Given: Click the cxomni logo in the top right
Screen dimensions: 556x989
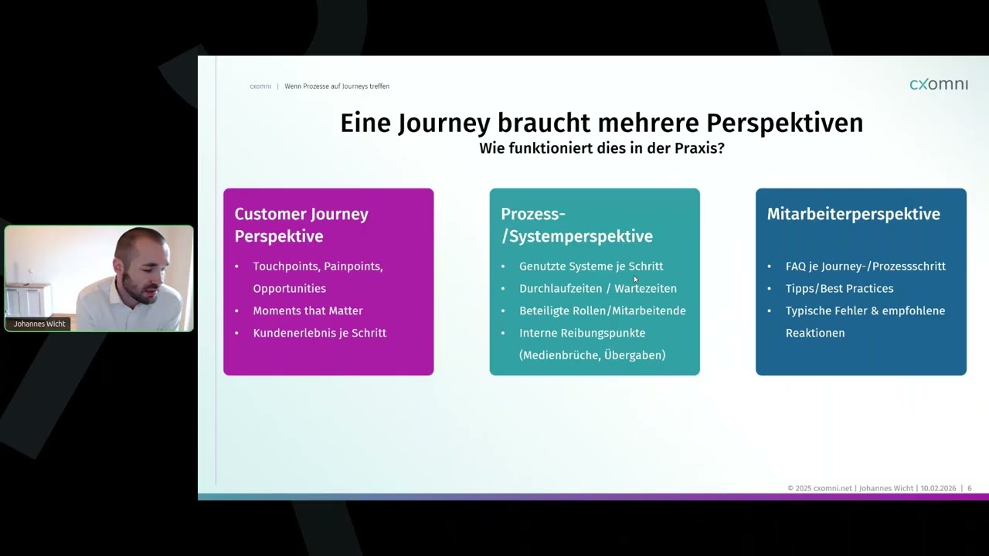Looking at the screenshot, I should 938,84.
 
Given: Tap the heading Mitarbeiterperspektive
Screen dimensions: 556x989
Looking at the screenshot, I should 853,214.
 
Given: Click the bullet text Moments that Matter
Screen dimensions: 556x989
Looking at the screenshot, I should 308,310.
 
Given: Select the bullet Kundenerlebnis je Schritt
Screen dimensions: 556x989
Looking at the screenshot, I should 319,333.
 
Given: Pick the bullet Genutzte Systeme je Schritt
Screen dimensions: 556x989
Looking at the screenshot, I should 591,266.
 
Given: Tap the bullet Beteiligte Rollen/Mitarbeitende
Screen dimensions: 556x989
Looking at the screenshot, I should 602,310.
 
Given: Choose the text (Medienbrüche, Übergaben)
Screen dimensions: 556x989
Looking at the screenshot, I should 592,355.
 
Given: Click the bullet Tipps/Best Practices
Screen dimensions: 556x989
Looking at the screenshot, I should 839,289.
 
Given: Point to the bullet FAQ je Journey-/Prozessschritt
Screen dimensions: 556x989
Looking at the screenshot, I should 865,266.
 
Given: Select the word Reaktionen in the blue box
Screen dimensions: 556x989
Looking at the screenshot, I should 814,333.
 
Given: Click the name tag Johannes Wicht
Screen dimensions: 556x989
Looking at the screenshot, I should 39,324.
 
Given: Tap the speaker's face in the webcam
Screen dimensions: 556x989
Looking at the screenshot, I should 144,266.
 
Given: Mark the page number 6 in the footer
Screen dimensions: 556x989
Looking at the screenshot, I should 969,488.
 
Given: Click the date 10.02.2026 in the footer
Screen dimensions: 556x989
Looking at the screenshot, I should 938,488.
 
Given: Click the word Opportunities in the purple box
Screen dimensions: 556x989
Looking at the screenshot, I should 289,289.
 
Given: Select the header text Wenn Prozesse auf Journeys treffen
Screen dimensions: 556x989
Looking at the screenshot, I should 337,86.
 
